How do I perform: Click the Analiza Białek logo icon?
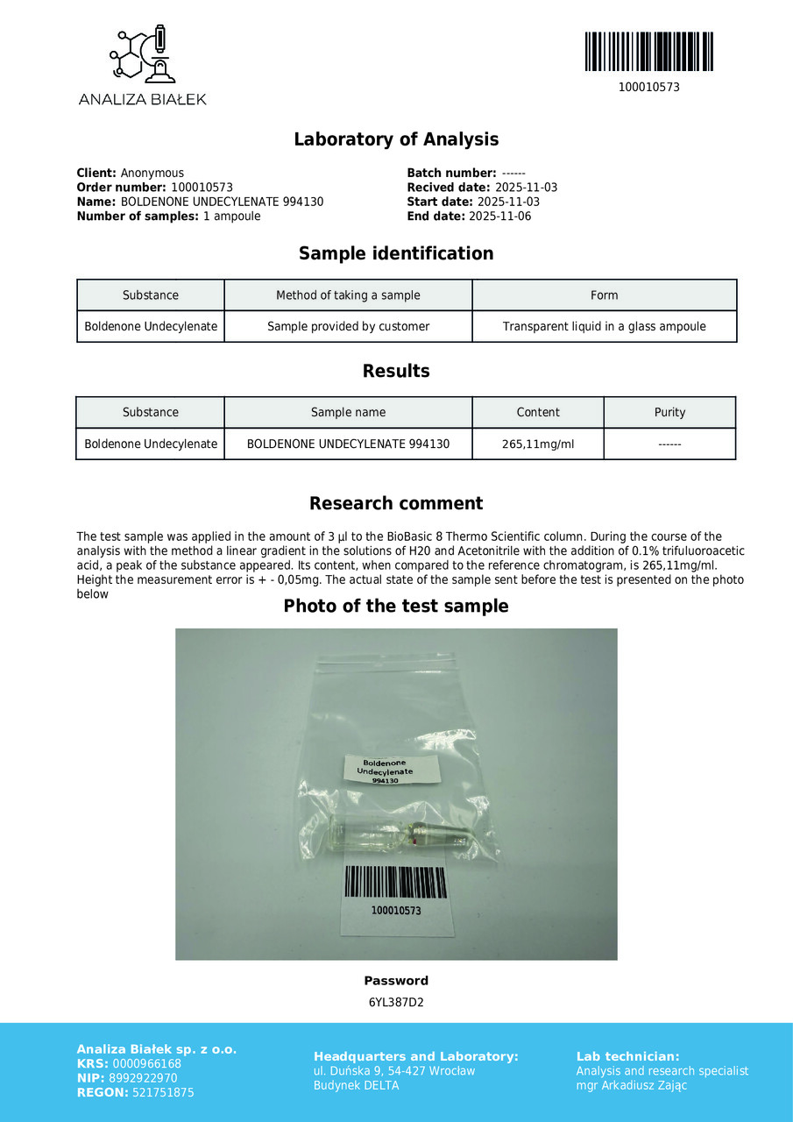[143, 54]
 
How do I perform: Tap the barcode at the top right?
[648, 52]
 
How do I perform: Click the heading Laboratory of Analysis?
[396, 139]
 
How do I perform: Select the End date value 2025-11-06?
[500, 217]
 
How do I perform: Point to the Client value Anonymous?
[152, 174]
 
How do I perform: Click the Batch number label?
[451, 174]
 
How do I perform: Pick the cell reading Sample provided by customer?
[348, 327]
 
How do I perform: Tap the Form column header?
[604, 295]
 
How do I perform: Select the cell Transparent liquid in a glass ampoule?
[604, 327]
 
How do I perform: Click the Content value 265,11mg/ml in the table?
[538, 444]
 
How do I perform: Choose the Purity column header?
[669, 413]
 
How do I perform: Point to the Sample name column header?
[348, 413]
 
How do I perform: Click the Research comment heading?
[396, 504]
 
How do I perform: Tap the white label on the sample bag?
[390, 770]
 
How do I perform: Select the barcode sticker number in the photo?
[396, 911]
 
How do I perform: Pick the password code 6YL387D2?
[396, 1003]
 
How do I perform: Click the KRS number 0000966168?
[147, 1064]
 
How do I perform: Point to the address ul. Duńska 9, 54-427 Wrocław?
[394, 1071]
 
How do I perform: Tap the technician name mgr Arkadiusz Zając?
[632, 1086]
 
